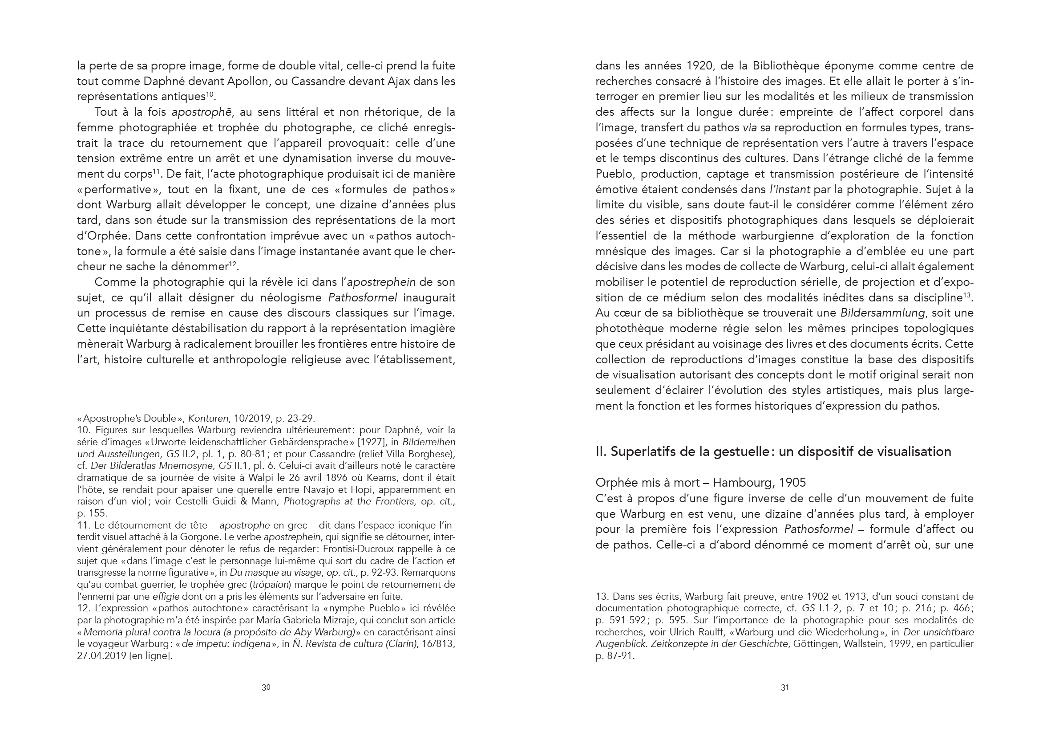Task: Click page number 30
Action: [x=266, y=687]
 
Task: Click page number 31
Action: [x=784, y=687]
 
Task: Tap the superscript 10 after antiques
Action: [x=210, y=94]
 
